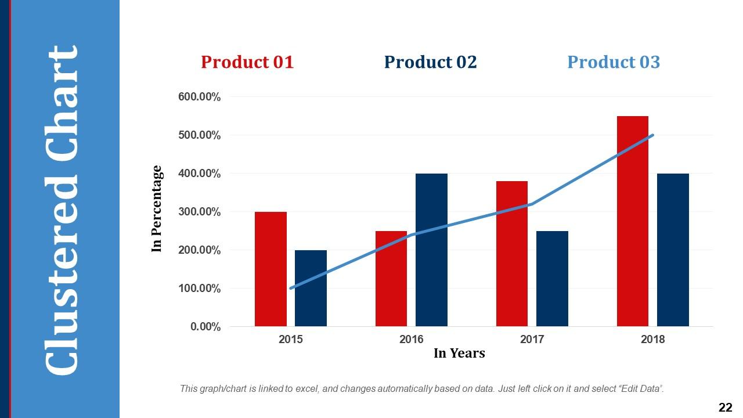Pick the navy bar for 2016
pos(431,250)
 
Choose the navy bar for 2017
pos(552,279)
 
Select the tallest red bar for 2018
pos(633,221)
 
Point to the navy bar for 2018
pos(673,250)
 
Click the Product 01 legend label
pos(247,62)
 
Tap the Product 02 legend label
pos(430,62)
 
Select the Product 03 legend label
pos(614,62)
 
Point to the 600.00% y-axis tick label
pos(199,97)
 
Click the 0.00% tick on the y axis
pos(205,327)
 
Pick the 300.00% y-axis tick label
pos(199,212)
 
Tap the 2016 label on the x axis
pos(412,340)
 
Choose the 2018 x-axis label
pos(653,340)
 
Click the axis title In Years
pos(459,353)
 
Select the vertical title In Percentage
pos(157,209)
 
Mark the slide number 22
pos(725,408)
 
